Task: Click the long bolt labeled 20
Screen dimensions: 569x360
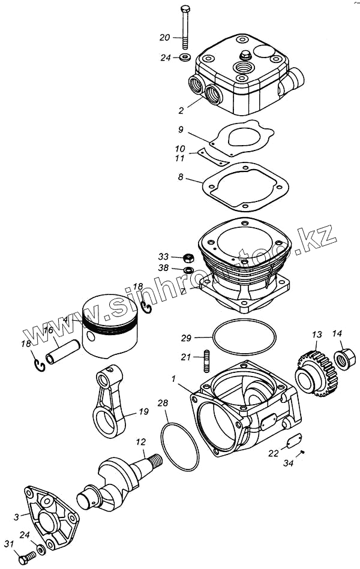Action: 186,27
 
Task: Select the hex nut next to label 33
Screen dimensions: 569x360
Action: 188,258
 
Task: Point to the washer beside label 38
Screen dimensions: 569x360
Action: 188,270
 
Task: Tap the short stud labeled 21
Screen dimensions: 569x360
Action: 206,358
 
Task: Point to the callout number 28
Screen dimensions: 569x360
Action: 163,404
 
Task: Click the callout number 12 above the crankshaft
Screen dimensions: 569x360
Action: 140,443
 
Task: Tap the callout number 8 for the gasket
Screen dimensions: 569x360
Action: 181,177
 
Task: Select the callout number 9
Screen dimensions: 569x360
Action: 181,130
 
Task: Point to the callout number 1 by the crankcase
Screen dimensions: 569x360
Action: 173,379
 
